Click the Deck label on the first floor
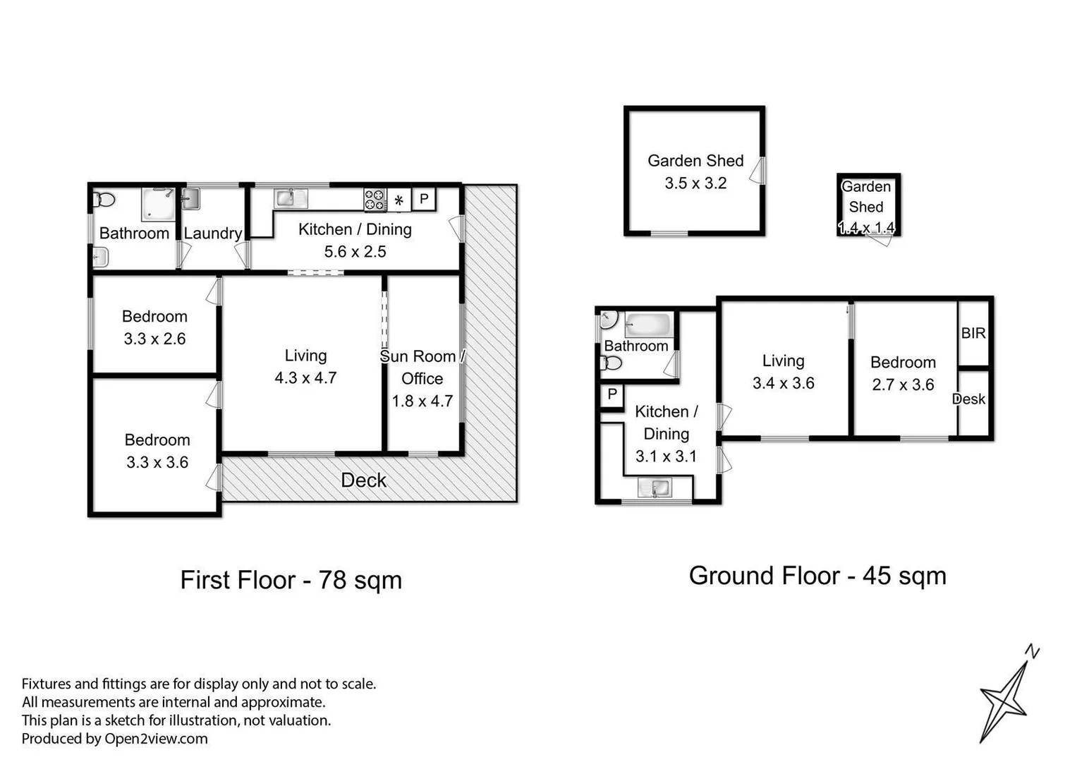tap(363, 480)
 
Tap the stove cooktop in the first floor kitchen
tap(375, 200)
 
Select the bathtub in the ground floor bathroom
tap(647, 325)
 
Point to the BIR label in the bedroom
tap(973, 333)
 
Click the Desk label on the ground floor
tap(969, 399)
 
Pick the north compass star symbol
tap(1006, 695)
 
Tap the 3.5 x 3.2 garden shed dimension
tap(695, 183)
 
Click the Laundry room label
tap(212, 234)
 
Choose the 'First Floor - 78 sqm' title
tap(291, 580)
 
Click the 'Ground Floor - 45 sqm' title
tap(817, 576)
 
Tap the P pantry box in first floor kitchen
tap(424, 199)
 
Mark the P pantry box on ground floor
tap(611, 394)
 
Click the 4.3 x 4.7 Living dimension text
tap(305, 378)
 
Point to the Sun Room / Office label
tap(422, 368)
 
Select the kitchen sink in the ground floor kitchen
tap(655, 488)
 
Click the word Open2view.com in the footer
tap(156, 739)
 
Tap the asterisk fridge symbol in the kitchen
tap(398, 200)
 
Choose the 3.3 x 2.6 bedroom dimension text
tap(154, 339)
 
